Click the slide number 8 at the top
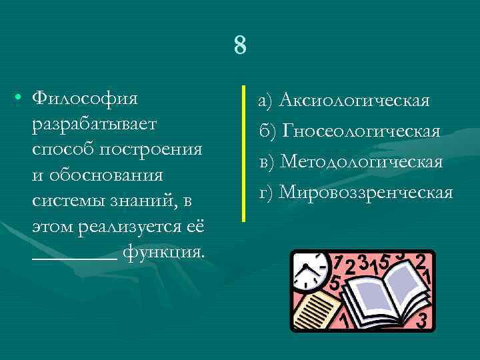[x=240, y=46]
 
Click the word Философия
[x=85, y=99]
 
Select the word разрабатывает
[x=93, y=125]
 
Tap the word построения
[x=151, y=149]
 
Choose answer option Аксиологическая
[x=353, y=101]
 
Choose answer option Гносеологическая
[x=361, y=131]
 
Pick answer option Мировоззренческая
[x=365, y=193]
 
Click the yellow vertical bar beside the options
[x=245, y=153]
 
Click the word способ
[x=64, y=149]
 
